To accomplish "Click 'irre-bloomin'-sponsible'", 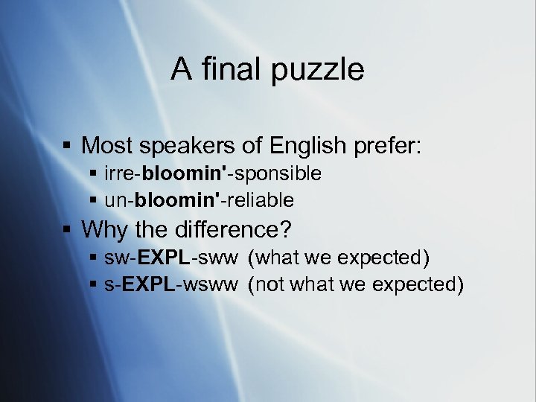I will pyautogui.click(x=213, y=174).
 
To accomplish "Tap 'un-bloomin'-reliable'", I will pyautogui.click(x=199, y=200).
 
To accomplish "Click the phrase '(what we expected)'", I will pyautogui.click(x=339, y=258).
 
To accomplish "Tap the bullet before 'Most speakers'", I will pyautogui.click(x=68, y=145).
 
